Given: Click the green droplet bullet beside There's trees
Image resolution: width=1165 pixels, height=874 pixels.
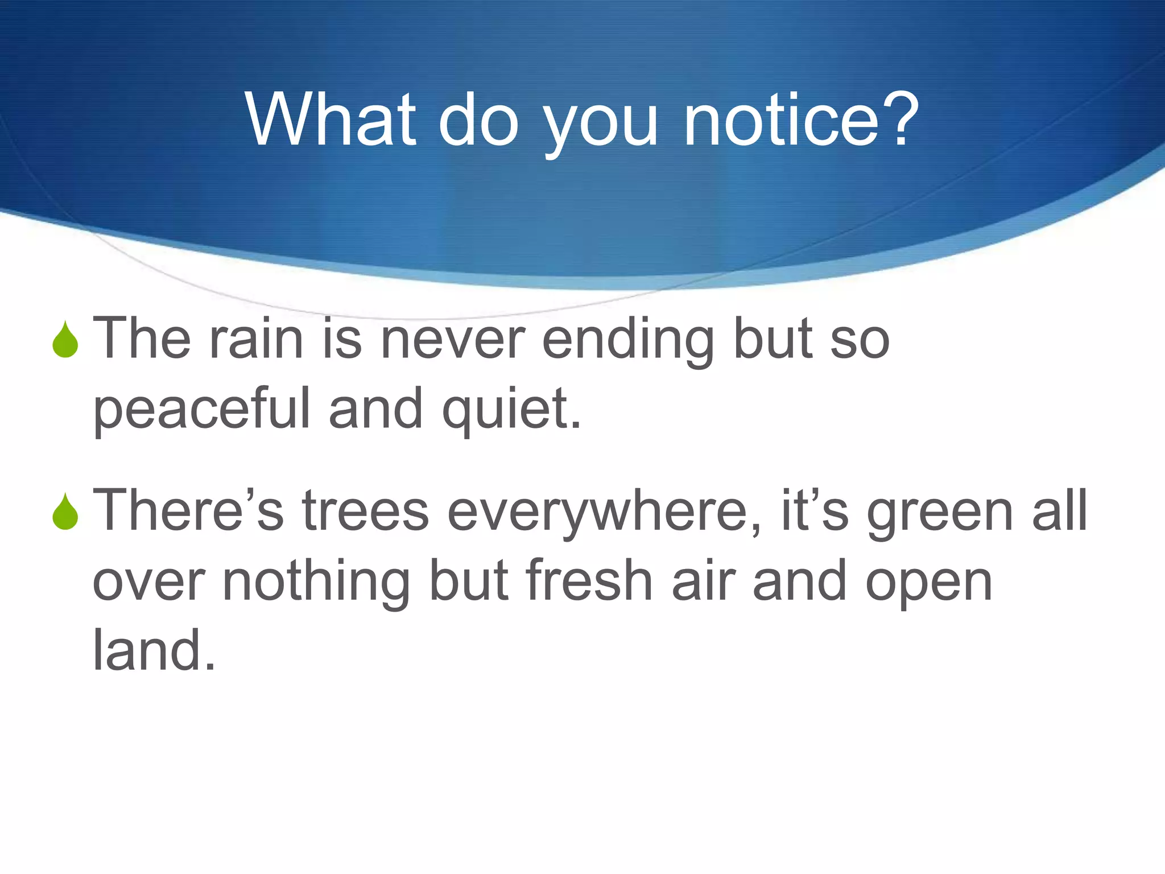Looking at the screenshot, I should (x=65, y=513).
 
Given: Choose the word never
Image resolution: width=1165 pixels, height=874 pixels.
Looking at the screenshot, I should (x=452, y=340).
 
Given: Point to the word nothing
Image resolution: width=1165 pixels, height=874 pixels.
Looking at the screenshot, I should (x=316, y=582).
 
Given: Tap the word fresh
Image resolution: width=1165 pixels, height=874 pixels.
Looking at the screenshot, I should (x=589, y=581).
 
